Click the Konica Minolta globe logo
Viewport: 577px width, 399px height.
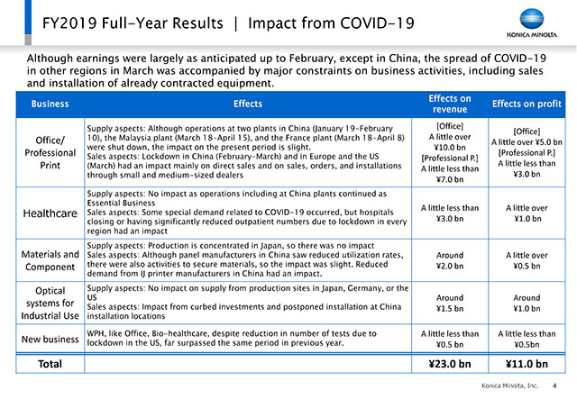tap(532, 19)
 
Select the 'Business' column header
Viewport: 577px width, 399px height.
tap(50, 104)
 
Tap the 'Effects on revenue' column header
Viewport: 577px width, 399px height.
tap(450, 104)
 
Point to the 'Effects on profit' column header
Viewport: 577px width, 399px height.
tap(527, 104)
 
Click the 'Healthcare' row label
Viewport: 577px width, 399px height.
tap(50, 213)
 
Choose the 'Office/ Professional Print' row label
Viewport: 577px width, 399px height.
tap(50, 152)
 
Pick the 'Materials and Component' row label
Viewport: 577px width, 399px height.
tap(50, 260)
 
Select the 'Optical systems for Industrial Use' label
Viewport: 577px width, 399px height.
tap(50, 303)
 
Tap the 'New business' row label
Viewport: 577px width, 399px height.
tap(50, 339)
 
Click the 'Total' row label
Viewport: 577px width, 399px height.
tap(50, 364)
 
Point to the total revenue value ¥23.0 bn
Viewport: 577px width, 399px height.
tap(450, 364)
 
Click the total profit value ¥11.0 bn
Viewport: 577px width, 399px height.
tap(527, 364)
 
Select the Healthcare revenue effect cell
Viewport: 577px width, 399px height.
tap(450, 213)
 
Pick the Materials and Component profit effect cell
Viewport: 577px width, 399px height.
tap(527, 260)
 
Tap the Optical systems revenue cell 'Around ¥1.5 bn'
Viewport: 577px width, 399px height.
tap(450, 303)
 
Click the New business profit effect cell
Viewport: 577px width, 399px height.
tap(527, 339)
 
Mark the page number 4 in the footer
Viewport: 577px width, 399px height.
tap(554, 385)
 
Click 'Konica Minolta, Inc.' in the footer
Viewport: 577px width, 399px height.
tap(509, 385)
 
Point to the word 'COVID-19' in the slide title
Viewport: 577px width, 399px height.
tap(377, 23)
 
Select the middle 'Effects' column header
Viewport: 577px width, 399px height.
tap(248, 104)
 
